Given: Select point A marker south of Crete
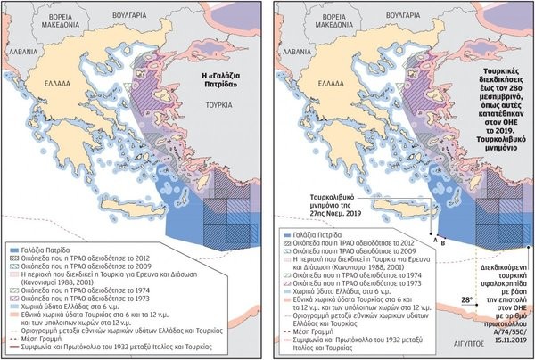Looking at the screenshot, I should pyautogui.click(x=434, y=239).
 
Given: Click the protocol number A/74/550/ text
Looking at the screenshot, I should pyautogui.click(x=498, y=327).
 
